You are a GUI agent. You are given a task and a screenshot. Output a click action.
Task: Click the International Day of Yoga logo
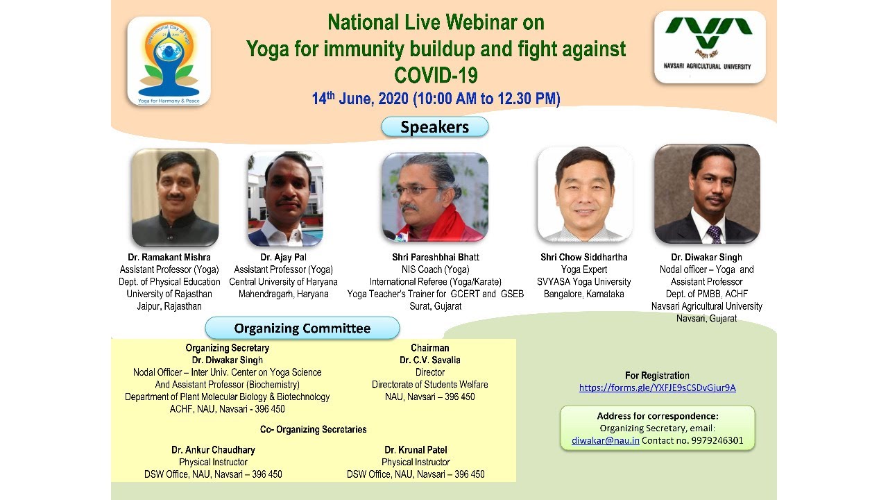(169, 61)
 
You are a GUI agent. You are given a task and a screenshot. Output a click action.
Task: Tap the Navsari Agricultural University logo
(710, 47)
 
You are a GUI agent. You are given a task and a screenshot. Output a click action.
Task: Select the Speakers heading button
(435, 127)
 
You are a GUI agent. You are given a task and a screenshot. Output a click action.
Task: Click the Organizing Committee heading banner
(302, 328)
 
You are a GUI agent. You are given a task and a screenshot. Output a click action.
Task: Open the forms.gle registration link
(657, 387)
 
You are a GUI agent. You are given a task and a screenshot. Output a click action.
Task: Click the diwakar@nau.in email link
(606, 440)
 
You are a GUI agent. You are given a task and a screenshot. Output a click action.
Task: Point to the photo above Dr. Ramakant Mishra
(176, 198)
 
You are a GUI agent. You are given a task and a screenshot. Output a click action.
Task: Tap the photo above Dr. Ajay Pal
(285, 199)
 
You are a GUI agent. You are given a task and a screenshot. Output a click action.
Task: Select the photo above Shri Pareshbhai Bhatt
(435, 197)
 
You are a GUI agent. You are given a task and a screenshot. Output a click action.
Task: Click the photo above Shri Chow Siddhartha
(585, 194)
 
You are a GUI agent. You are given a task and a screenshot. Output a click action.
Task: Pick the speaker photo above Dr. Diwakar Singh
(707, 194)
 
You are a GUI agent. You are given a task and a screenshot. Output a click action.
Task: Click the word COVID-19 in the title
(436, 75)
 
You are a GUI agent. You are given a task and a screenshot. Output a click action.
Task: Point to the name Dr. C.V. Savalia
(430, 360)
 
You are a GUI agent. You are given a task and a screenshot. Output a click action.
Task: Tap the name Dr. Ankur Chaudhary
(213, 449)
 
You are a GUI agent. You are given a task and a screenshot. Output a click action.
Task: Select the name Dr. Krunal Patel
(416, 449)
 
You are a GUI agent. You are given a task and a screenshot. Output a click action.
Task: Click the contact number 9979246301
(717, 440)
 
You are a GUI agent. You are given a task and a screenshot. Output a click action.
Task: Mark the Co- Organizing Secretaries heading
(313, 429)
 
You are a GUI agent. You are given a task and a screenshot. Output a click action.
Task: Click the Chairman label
(430, 348)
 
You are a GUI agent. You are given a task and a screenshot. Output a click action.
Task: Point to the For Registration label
(657, 376)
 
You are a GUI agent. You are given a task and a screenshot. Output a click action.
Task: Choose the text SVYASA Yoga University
(584, 282)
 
